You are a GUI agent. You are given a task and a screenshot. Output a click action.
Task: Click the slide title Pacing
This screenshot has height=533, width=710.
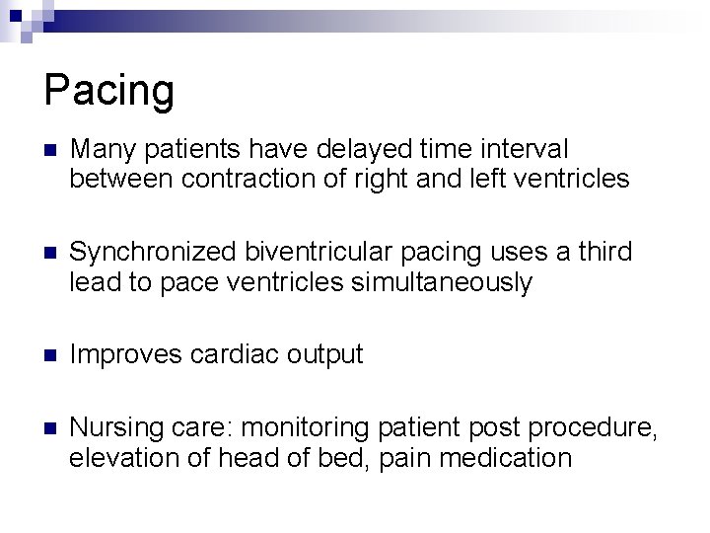pos(109,91)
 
